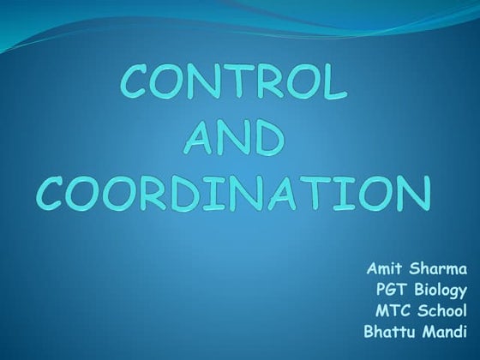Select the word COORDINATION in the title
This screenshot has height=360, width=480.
click(x=234, y=193)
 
